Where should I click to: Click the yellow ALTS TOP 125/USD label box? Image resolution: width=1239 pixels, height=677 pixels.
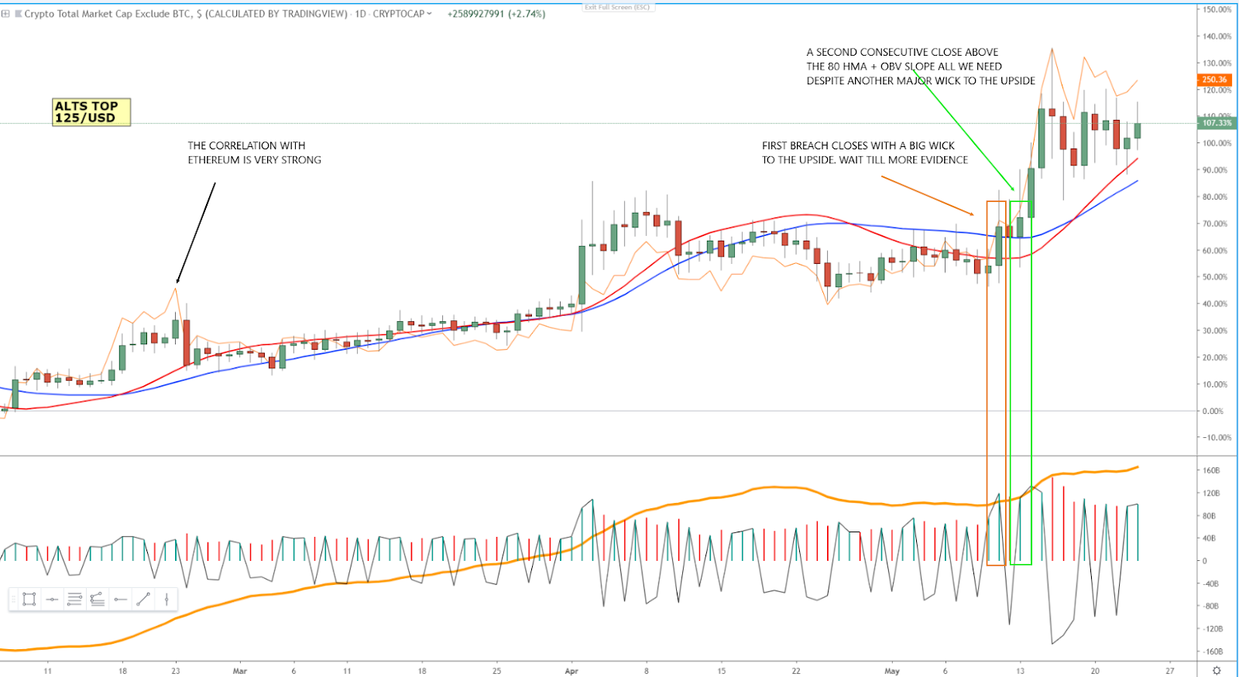coord(91,112)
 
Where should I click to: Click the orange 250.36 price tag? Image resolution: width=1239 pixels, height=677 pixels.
coord(1214,80)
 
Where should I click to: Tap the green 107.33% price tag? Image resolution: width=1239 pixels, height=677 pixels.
coord(1216,123)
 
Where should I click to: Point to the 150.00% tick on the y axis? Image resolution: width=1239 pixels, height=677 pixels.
coord(1217,9)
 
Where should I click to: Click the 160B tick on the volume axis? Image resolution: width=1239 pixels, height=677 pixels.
coord(1211,470)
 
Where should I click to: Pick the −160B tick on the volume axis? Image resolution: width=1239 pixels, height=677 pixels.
coord(1210,651)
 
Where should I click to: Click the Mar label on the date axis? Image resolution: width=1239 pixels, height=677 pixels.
coord(240,671)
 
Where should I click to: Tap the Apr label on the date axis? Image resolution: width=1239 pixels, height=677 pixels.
coord(571,671)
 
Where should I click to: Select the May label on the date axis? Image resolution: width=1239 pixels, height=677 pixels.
coord(892,671)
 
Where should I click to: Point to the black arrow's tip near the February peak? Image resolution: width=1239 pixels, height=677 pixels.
coord(177,284)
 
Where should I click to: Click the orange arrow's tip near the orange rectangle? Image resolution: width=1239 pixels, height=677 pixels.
coord(974,214)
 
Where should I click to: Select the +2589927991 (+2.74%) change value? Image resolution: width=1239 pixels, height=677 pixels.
coord(496,14)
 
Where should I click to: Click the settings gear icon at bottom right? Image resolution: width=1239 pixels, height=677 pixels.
coord(1217,671)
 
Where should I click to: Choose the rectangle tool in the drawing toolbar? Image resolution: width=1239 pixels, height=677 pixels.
coord(29,599)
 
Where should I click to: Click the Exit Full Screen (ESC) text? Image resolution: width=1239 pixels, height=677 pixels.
coord(617,7)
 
